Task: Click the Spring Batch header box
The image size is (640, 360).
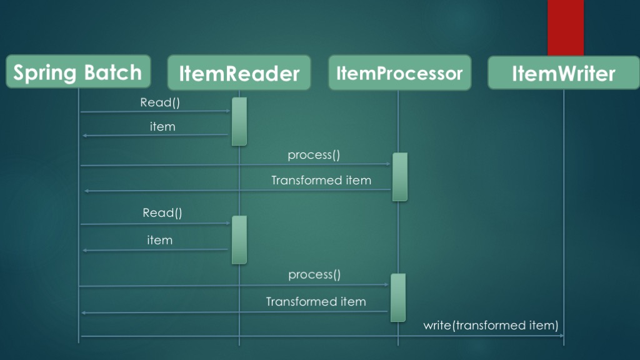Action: (78, 72)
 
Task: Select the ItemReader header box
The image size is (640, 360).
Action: (239, 73)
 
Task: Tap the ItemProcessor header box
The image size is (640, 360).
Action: (399, 73)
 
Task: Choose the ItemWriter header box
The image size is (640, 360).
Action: (563, 73)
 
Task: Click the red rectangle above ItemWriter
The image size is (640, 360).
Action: (566, 27)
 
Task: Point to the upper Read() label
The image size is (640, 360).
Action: (160, 102)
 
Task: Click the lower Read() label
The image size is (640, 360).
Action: (162, 213)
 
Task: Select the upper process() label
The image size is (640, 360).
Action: (314, 155)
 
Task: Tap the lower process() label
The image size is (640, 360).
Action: (314, 274)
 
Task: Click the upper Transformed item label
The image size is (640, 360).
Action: (321, 181)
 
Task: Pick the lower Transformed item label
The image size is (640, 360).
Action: (316, 302)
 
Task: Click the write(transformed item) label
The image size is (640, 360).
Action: (491, 325)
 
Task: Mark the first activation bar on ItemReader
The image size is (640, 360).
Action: (239, 121)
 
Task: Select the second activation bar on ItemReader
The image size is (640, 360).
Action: (239, 239)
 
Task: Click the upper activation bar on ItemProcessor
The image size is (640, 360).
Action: (400, 177)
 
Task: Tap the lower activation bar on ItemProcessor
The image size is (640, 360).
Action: (398, 297)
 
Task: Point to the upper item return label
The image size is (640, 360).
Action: (162, 127)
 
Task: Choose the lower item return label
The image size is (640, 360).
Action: (159, 240)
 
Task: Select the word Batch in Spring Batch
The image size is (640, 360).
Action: (114, 72)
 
